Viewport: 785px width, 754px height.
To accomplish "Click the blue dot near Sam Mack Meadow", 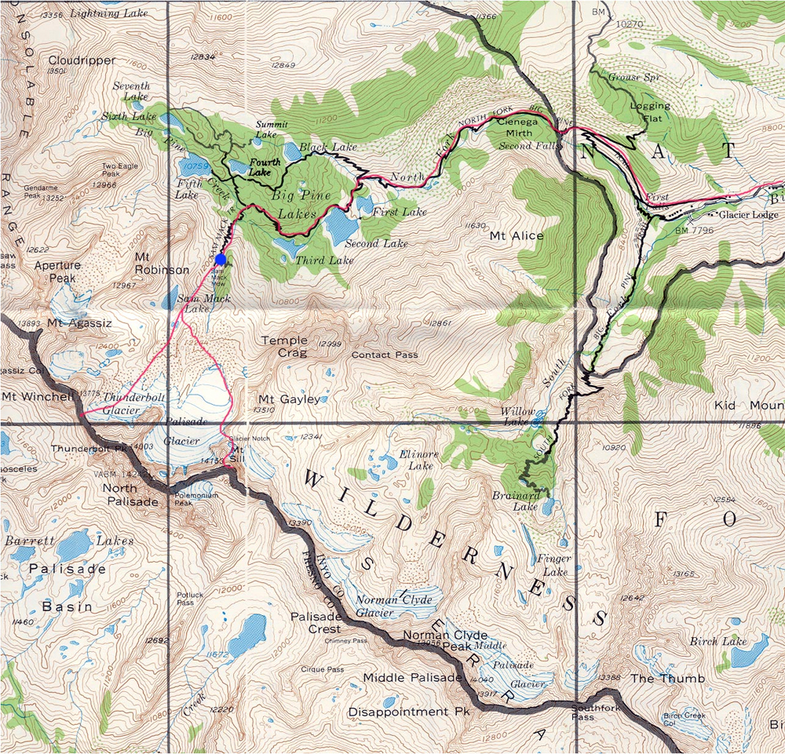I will [221, 260].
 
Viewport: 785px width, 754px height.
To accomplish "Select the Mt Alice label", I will [517, 235].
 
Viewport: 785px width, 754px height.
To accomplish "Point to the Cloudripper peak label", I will [82, 60].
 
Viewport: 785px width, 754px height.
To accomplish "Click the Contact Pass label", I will [385, 355].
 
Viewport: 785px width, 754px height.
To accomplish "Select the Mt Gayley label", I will [289, 399].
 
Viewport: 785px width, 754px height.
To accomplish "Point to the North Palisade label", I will [130, 494].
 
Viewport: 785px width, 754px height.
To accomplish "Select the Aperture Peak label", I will [57, 271].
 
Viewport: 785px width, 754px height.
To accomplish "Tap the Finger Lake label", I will [552, 566].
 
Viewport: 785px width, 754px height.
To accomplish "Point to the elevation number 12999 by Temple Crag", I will [332, 344].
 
